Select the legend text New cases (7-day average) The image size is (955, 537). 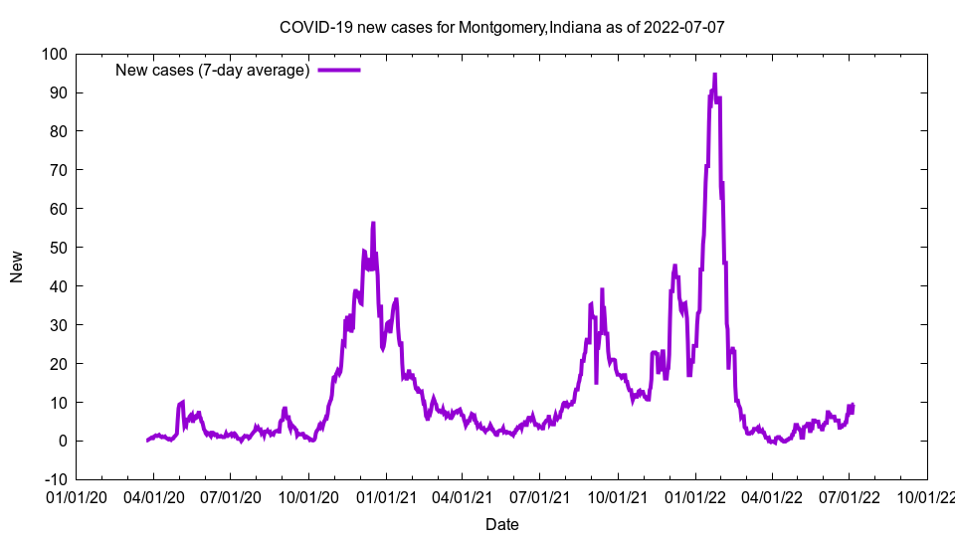[x=213, y=70]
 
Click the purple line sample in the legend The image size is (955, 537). [x=338, y=70]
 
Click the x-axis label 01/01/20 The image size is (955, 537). [x=76, y=496]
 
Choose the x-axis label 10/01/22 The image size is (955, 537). [x=926, y=496]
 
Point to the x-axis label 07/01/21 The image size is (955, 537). [x=539, y=496]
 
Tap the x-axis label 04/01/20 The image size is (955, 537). [x=153, y=496]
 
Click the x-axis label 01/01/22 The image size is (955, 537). [x=694, y=496]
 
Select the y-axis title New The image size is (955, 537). [x=17, y=267]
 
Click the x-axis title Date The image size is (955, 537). [x=501, y=524]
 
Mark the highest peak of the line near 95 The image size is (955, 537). [x=714, y=75]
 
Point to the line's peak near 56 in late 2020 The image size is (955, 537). [x=373, y=224]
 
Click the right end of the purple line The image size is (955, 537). [x=854, y=406]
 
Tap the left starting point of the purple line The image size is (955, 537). [x=147, y=441]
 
